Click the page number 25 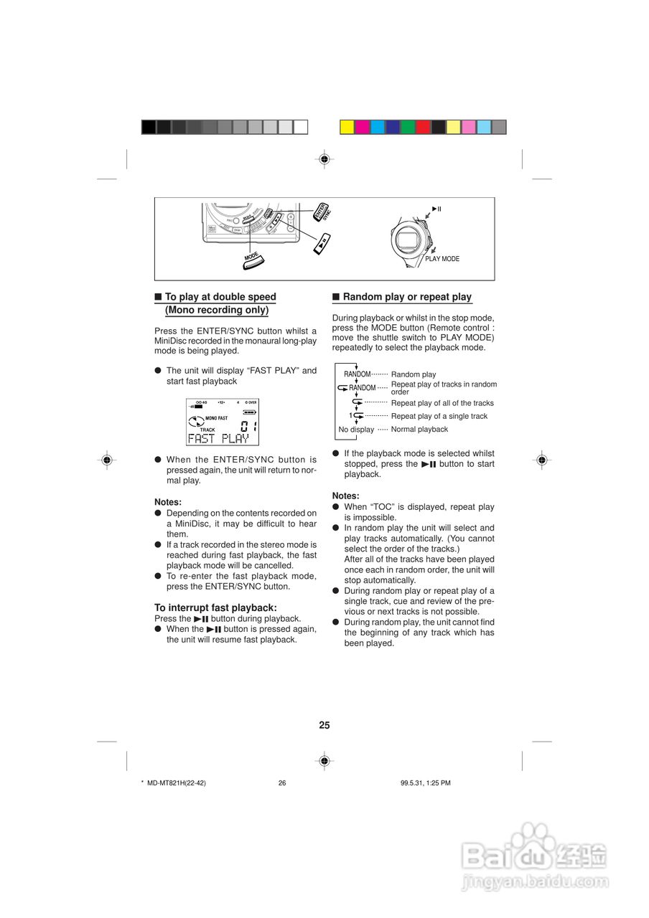coord(324,725)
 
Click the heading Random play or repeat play coord(407,297)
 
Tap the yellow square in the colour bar coord(347,127)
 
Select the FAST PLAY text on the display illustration coord(218,439)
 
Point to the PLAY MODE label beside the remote coord(442,259)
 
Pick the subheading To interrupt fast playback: coord(215,607)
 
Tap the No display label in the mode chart coord(356,430)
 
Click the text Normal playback coord(419,430)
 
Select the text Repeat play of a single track coord(439,416)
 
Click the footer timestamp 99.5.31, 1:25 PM coord(426,783)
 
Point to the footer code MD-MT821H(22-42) coord(177,783)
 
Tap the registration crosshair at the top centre coord(324,158)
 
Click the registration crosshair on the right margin coord(542,460)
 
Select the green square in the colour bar coord(408,127)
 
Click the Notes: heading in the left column coord(168,502)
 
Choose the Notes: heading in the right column coord(345,496)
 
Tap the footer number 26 coord(282,783)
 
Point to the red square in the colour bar coord(424,127)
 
